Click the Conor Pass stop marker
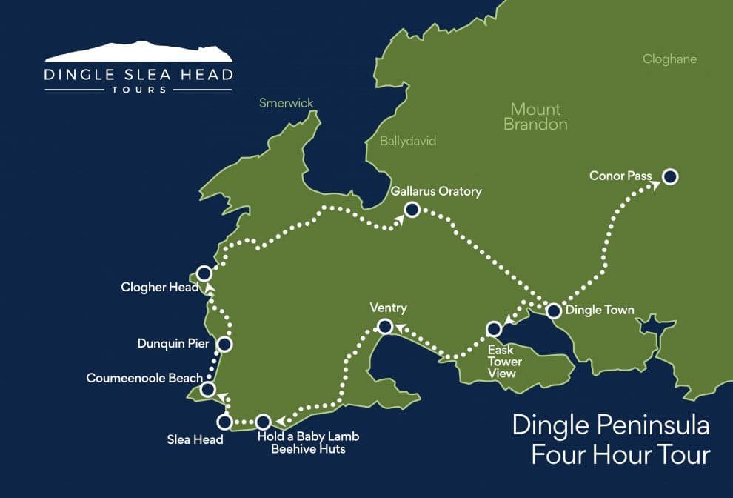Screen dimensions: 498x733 [x=670, y=176]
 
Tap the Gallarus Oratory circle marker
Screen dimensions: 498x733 [x=412, y=210]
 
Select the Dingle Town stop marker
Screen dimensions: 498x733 [x=553, y=311]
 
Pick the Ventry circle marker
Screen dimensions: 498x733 [x=385, y=325]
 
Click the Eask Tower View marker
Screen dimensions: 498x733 [x=493, y=328]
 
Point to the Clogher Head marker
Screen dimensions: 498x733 [x=204, y=273]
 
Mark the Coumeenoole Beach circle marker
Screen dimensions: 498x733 [x=208, y=389]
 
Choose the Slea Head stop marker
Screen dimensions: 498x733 [x=224, y=422]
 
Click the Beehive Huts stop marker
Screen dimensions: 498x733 [x=262, y=422]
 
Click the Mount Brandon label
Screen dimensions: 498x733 [x=535, y=116]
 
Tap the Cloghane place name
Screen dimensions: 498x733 [x=669, y=59]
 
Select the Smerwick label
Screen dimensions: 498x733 [x=287, y=104]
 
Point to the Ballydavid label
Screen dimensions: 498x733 [x=408, y=141]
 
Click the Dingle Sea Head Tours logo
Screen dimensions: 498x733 [x=138, y=67]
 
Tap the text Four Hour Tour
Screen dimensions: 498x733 [x=620, y=454]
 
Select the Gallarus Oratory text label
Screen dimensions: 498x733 [x=436, y=191]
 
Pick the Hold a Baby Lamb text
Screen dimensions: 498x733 [x=307, y=436]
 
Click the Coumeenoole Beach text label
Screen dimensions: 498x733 [x=144, y=378]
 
